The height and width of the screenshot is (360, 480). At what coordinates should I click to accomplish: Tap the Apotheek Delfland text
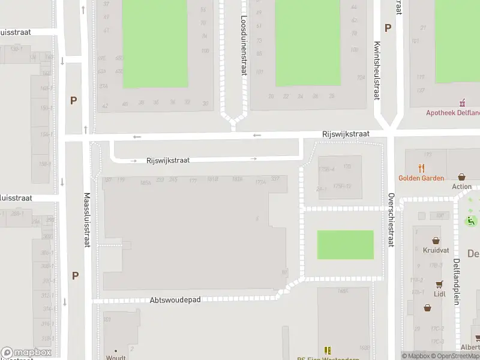pos(453,112)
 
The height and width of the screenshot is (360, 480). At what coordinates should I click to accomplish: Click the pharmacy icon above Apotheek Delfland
pos(462,103)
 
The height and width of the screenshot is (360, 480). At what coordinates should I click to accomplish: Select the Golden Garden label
pos(421,178)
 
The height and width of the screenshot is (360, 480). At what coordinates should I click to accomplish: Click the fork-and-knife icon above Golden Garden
pos(422,168)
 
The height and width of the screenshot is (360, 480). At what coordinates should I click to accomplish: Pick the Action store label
pos(461,187)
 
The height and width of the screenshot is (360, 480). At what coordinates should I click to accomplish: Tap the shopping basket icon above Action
pos(461,177)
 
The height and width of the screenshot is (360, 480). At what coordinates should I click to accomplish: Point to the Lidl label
pos(440,294)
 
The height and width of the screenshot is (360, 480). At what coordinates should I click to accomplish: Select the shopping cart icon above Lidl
pos(440,284)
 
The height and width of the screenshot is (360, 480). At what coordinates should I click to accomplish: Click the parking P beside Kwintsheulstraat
pos(388,28)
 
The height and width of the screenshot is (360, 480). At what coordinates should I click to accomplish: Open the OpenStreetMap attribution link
pos(456,356)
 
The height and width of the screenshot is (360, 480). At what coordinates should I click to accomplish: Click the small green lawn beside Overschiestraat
pos(345,245)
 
